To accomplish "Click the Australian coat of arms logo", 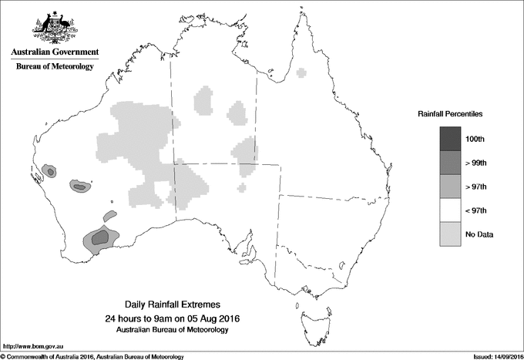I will click(x=54, y=26).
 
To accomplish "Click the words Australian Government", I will click(x=54, y=52).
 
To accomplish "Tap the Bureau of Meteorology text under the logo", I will click(x=54, y=67).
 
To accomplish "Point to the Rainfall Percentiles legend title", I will click(x=450, y=113).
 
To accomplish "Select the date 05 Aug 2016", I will click(x=210, y=318).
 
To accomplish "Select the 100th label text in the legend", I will click(x=475, y=139).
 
